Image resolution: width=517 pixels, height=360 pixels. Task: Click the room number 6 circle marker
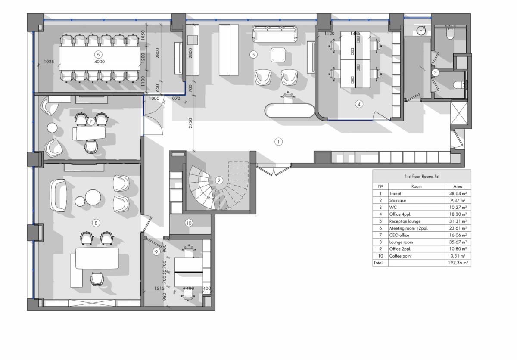(98, 55)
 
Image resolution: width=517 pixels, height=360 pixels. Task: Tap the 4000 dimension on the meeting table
(100, 62)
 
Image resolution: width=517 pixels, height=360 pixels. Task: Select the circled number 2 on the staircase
(219, 180)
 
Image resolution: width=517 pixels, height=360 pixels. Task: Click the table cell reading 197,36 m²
(458, 263)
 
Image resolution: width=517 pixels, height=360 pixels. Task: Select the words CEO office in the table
(399, 235)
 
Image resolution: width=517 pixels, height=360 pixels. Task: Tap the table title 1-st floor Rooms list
(422, 177)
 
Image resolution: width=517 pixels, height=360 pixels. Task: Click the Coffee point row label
(400, 256)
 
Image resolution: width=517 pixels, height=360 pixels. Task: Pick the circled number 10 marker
(189, 223)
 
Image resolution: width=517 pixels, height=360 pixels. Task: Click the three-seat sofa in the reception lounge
(274, 34)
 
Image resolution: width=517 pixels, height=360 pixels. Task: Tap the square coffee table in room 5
(278, 55)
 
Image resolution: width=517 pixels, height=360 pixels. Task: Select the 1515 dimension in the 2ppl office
(159, 288)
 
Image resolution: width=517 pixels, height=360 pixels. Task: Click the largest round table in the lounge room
(93, 197)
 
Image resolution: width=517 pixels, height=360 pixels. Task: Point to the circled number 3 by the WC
(435, 73)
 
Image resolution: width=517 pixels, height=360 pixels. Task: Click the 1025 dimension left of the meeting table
(49, 62)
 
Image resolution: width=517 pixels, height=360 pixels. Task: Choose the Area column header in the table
(458, 186)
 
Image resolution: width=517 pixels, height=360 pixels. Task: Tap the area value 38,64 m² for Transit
(458, 193)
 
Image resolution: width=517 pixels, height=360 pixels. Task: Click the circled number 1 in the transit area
(278, 142)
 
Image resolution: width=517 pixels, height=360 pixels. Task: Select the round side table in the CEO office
(52, 128)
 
